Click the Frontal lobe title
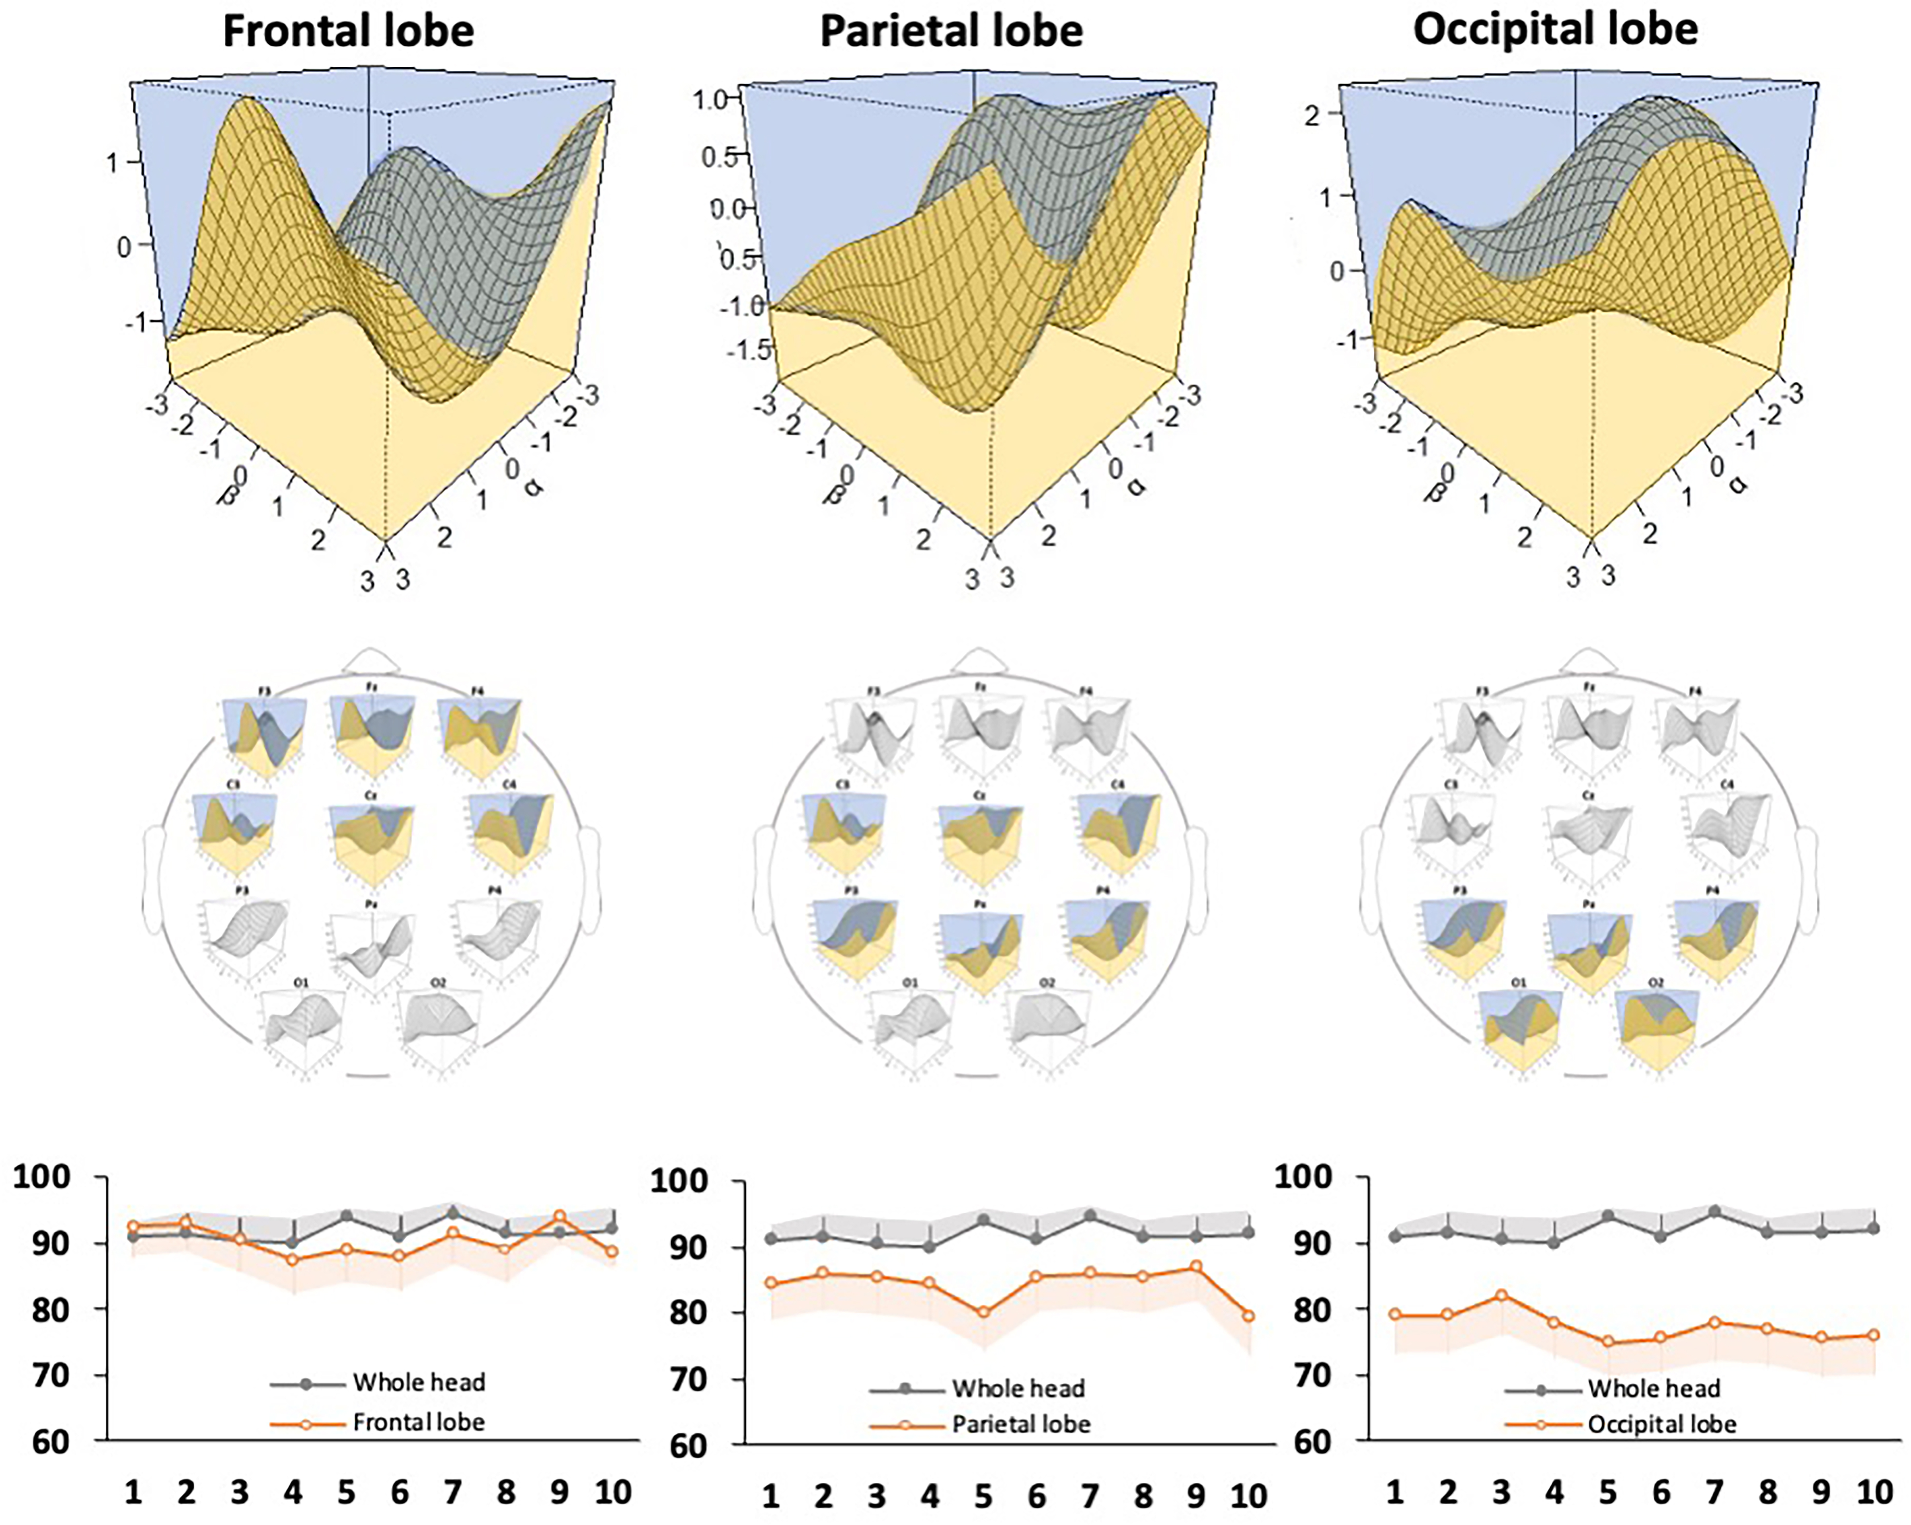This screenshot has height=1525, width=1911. (x=348, y=31)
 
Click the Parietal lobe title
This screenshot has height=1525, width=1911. (x=951, y=31)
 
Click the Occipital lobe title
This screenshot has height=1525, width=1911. (x=1556, y=29)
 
